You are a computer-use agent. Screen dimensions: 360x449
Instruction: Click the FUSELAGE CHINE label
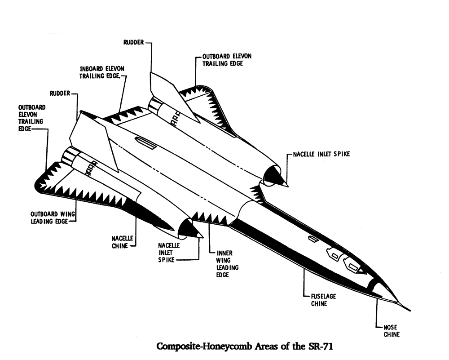click(323, 300)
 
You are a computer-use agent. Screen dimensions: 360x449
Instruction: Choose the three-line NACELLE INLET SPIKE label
click(169, 252)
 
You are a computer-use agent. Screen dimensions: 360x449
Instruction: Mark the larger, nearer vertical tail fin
click(92, 140)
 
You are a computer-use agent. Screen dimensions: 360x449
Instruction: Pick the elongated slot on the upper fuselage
click(146, 144)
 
